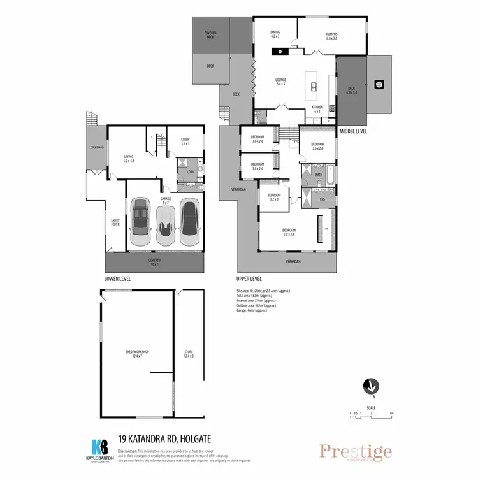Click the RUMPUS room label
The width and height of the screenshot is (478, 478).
tap(331, 35)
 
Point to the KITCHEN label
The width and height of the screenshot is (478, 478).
tap(317, 108)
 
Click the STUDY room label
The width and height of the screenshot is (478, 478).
tap(185, 141)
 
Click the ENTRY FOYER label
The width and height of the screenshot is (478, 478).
tap(116, 222)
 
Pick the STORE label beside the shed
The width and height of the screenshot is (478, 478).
tap(189, 354)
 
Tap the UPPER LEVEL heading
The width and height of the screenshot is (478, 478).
tap(249, 279)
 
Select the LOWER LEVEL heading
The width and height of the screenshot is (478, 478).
tap(117, 279)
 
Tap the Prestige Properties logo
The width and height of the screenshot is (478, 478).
tap(356, 453)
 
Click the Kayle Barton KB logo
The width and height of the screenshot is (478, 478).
tap(101, 446)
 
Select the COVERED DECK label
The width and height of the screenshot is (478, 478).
tap(210, 34)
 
